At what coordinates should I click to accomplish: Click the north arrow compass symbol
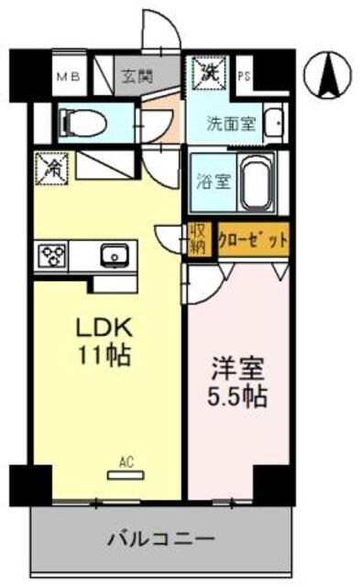pos(330,75)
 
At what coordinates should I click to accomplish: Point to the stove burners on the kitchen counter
pos(51,255)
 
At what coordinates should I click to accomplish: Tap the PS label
pos(244,77)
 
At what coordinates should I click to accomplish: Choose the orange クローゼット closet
pos(252,240)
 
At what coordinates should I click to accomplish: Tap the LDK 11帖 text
pos(102,342)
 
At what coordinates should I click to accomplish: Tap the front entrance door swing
pos(158,35)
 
